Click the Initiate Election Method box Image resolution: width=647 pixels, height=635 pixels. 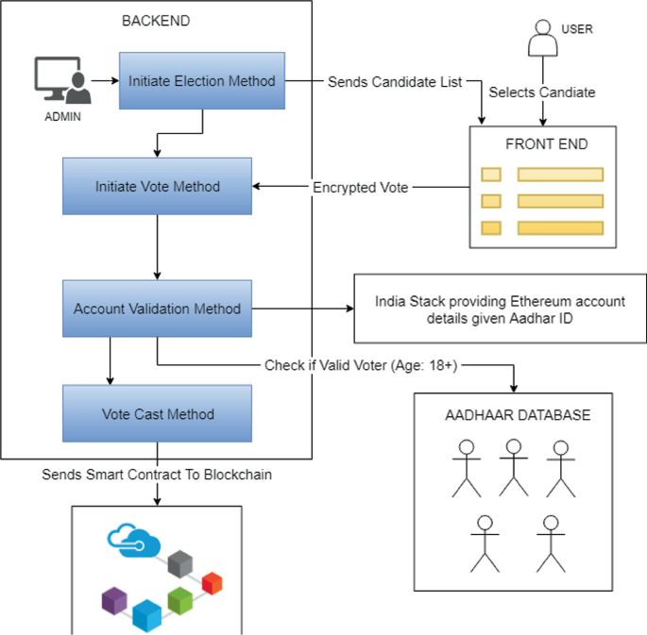pos(202,81)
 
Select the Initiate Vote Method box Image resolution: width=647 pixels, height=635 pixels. pos(157,187)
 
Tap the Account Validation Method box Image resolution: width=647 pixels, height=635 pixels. pos(157,309)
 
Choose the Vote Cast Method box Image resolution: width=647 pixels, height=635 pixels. pos(157,414)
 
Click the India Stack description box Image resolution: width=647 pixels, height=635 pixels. pos(499,309)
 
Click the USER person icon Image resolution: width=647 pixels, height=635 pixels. pos(543,39)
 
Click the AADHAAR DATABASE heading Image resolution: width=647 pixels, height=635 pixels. pos(518,415)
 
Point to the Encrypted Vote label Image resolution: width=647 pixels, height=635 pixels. pos(361,188)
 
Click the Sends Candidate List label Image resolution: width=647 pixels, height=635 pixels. pos(395,81)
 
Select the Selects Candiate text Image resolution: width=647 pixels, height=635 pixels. pos(542,92)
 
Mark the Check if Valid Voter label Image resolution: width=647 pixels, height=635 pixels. pos(361,365)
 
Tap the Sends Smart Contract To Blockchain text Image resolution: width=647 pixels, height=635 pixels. pos(157,475)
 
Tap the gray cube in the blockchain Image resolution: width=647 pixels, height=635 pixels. pos(179,564)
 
